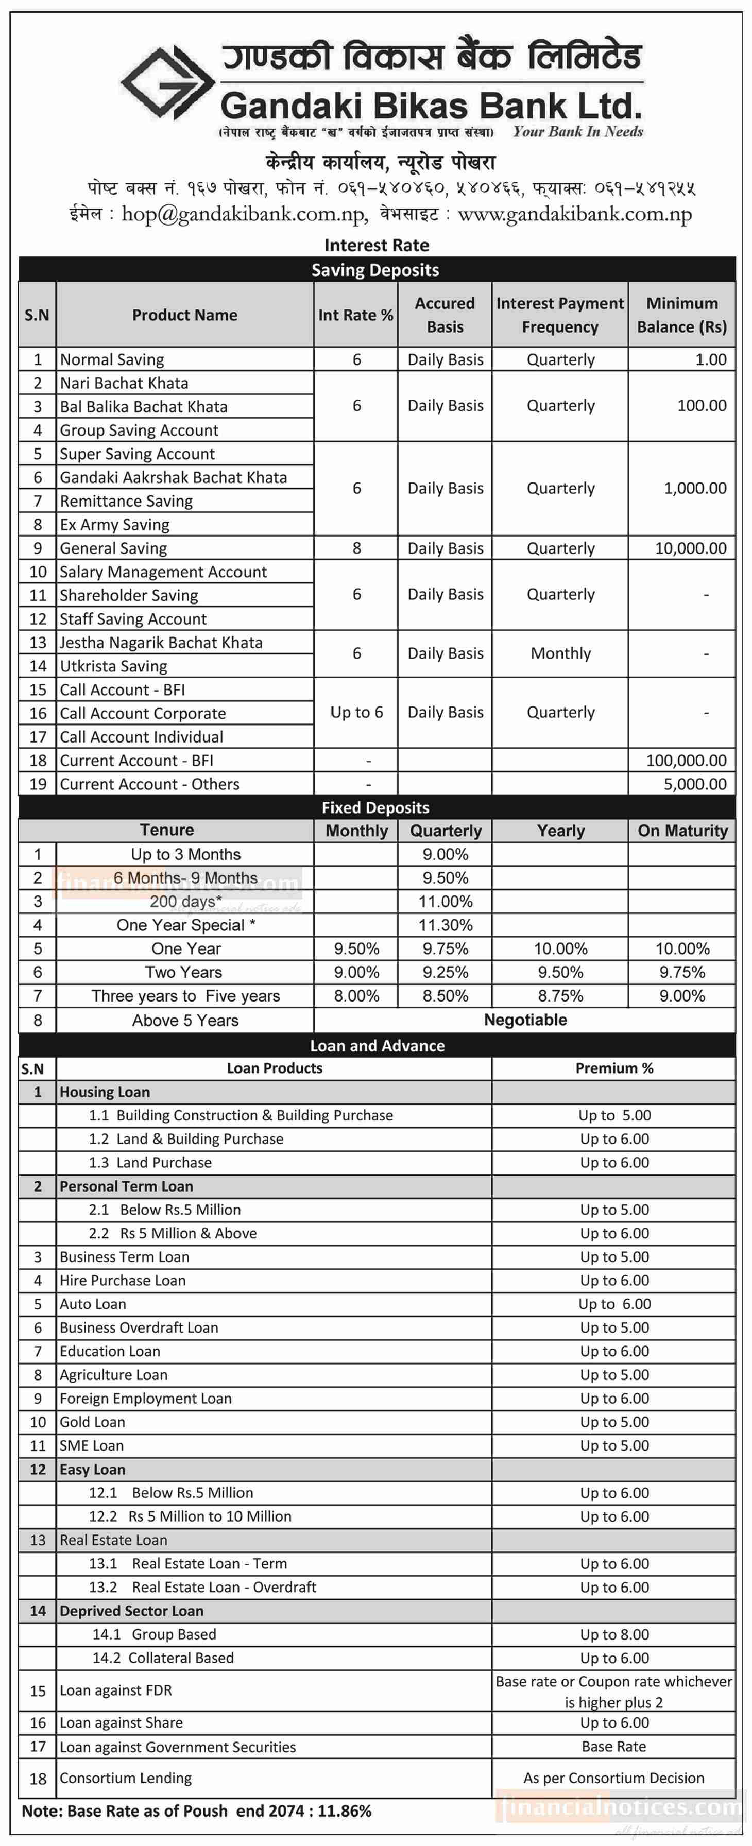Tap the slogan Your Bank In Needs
578,132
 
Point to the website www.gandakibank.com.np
574,214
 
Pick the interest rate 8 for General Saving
356,548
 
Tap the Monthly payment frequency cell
560,653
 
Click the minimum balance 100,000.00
686,761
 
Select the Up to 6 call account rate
356,712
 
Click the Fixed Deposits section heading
375,807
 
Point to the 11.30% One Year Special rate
445,925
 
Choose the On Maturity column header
682,831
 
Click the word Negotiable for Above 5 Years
525,1020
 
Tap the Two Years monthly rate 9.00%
356,973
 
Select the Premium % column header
614,1068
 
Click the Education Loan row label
110,1352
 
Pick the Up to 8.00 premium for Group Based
614,1634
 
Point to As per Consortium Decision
613,1778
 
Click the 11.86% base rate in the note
344,1812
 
